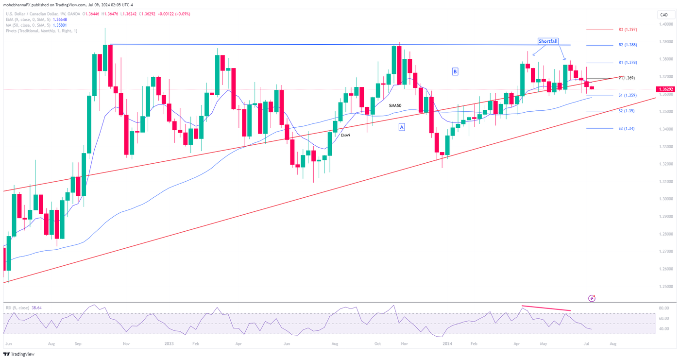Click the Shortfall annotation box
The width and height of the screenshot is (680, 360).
pyautogui.click(x=548, y=41)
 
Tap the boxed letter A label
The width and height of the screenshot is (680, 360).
pyautogui.click(x=402, y=127)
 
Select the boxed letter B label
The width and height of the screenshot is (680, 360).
pyautogui.click(x=455, y=71)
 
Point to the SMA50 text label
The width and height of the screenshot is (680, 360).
pyautogui.click(x=395, y=105)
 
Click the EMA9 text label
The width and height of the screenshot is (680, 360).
pyautogui.click(x=345, y=135)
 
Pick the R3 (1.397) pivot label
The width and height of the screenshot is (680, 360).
pyautogui.click(x=628, y=30)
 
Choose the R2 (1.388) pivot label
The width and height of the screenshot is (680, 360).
pyautogui.click(x=628, y=45)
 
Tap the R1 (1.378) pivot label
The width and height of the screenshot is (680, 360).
pyautogui.click(x=628, y=63)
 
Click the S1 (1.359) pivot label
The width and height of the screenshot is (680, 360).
pyautogui.click(x=628, y=96)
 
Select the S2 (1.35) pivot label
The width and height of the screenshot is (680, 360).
pyautogui.click(x=627, y=111)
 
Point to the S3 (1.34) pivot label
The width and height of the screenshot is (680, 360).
pyautogui.click(x=627, y=129)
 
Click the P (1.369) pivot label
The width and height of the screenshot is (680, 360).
pyautogui.click(x=627, y=78)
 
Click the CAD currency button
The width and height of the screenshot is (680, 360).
pyautogui.click(x=664, y=15)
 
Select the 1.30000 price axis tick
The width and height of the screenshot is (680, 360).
pyautogui.click(x=665, y=199)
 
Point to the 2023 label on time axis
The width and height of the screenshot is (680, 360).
pyautogui.click(x=169, y=343)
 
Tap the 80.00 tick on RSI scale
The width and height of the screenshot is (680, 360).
pyautogui.click(x=664, y=308)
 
